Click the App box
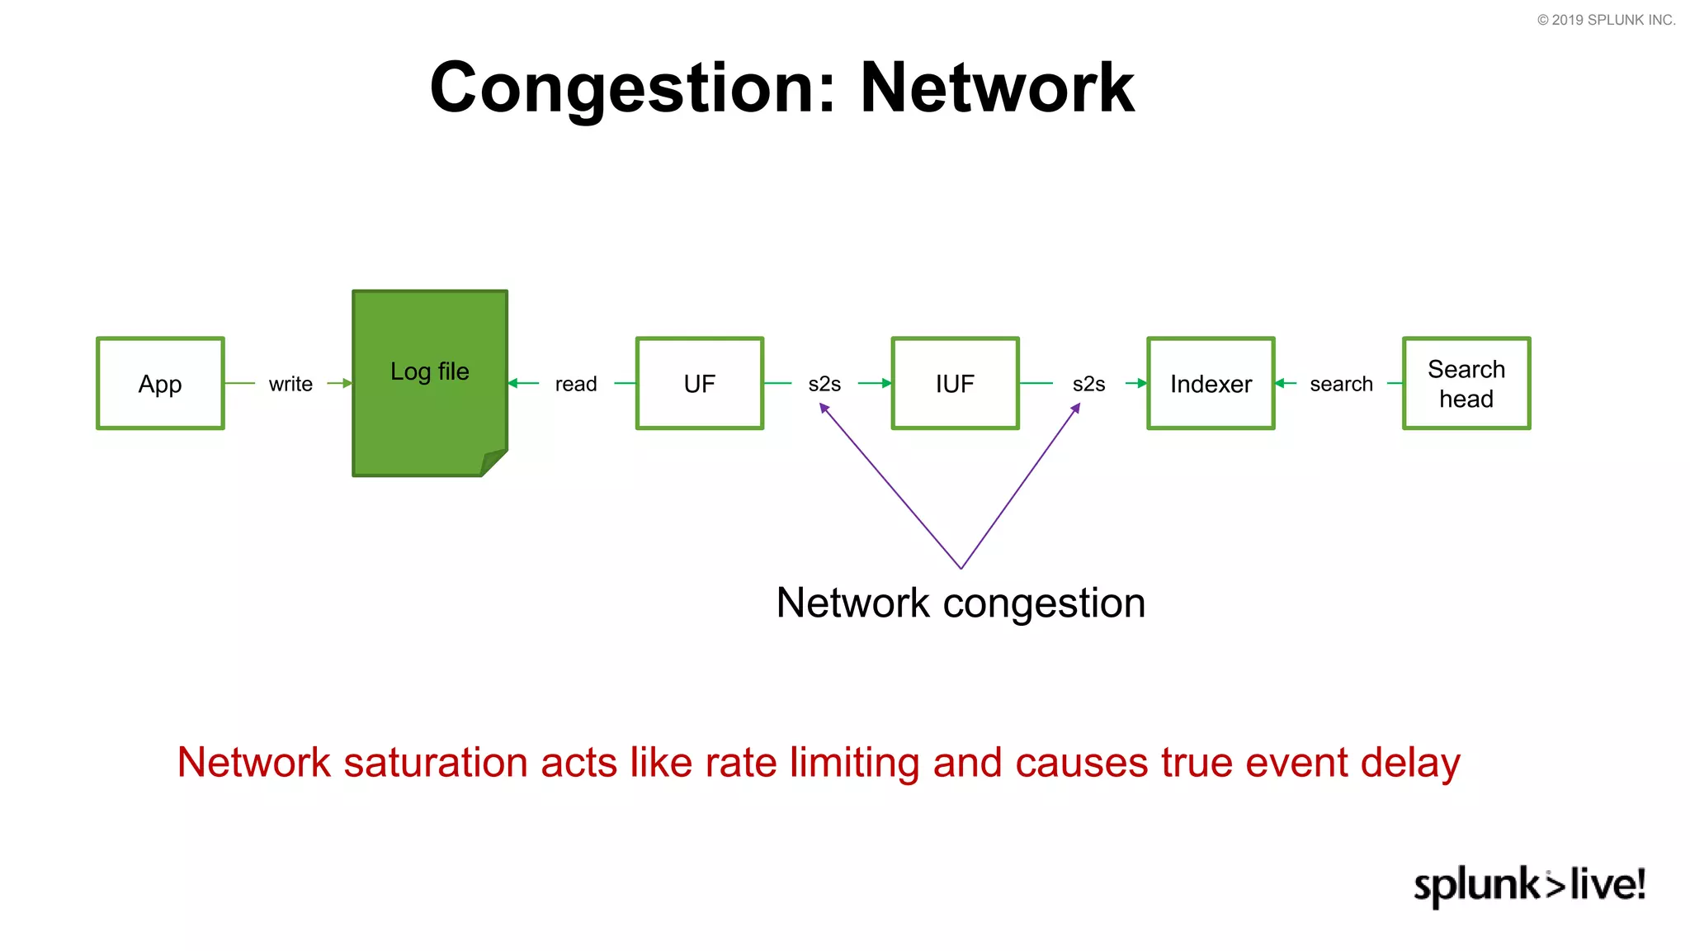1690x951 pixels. pos(160,383)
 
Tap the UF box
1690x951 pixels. pos(699,383)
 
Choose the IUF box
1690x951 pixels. pos(955,383)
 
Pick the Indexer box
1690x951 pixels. pos(1211,383)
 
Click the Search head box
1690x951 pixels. pos(1466,383)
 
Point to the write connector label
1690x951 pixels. pos(290,384)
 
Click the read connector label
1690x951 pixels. pos(576,384)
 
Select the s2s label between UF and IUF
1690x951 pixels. pos(824,384)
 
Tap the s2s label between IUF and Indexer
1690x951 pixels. pos(1088,384)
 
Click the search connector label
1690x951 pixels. pos(1341,384)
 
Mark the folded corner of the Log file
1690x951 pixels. pos(493,461)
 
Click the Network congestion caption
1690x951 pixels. pos(961,603)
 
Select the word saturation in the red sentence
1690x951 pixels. pos(435,762)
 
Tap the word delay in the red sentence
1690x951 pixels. pos(1410,762)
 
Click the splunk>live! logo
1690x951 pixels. pos(1529,885)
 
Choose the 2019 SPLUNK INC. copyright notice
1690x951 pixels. pos(1606,20)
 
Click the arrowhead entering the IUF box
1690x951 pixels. pos(886,383)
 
